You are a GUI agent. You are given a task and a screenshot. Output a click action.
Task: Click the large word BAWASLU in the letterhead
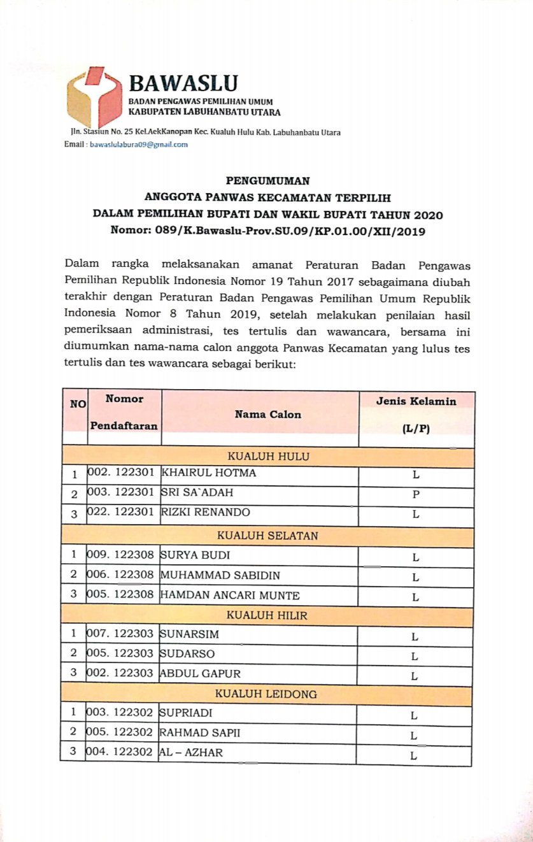click(x=183, y=83)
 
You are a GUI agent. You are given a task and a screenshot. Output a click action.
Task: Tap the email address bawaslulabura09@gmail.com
click(x=139, y=145)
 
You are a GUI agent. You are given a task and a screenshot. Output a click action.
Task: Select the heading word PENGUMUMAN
click(x=267, y=180)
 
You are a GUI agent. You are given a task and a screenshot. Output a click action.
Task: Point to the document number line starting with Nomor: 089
click(x=268, y=232)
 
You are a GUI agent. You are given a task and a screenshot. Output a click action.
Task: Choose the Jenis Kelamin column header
click(x=416, y=402)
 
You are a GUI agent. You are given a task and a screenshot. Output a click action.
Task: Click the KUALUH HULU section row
click(x=268, y=456)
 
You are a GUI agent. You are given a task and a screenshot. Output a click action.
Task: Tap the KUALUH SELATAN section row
click(x=267, y=536)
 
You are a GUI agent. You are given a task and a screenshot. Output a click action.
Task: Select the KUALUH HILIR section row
click(x=267, y=615)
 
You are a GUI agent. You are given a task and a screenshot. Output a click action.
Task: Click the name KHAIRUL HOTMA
click(x=200, y=474)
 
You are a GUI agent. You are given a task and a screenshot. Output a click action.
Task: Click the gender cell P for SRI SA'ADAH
click(x=415, y=494)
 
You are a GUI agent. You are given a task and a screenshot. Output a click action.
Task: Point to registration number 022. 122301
click(x=121, y=513)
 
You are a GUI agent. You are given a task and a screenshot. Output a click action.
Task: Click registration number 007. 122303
click(x=121, y=634)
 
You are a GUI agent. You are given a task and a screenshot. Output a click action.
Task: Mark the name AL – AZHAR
click(x=191, y=753)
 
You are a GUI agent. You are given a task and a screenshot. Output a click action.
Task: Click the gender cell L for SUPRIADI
click(x=414, y=715)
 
